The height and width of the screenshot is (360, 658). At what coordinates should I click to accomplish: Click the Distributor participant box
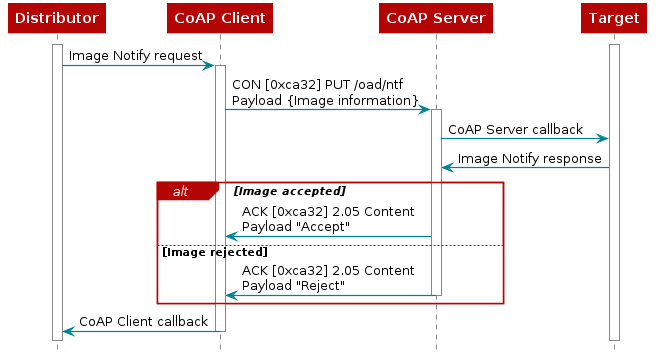click(x=57, y=18)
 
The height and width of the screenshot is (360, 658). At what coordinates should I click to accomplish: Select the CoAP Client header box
click(x=220, y=18)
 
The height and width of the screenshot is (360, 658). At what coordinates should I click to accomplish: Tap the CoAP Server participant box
click(x=436, y=18)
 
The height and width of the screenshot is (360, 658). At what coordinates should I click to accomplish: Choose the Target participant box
click(x=614, y=18)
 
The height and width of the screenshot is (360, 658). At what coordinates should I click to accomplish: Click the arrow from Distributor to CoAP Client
click(x=138, y=65)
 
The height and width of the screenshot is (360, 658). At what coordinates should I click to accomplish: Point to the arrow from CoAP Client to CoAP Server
click(x=327, y=109)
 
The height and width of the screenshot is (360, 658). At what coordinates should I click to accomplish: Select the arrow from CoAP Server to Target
click(x=524, y=138)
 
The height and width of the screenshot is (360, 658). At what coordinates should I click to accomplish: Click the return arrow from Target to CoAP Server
click(x=524, y=167)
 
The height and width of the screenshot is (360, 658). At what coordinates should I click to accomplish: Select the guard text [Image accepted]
click(x=290, y=191)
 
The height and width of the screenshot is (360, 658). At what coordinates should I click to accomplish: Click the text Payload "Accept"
click(x=296, y=226)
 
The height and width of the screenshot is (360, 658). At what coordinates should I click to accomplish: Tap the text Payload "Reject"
click(x=294, y=286)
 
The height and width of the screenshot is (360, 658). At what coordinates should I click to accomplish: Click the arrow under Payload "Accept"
click(x=328, y=237)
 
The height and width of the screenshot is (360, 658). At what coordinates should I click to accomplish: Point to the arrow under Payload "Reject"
click(x=328, y=295)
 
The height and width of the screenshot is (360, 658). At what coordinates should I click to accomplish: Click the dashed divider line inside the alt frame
click(x=330, y=245)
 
